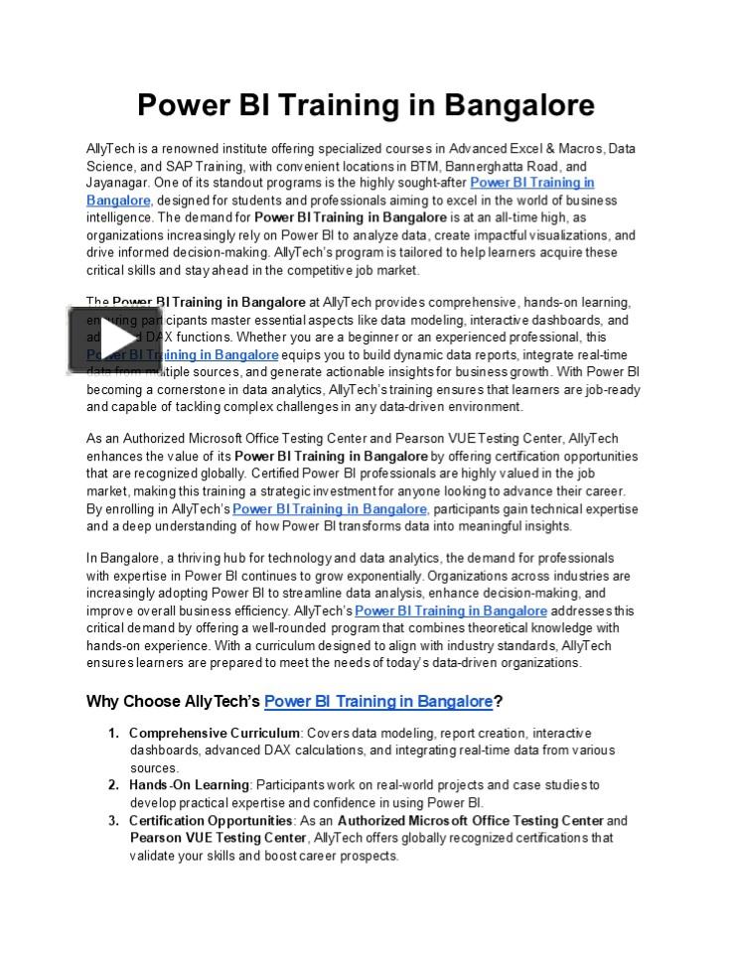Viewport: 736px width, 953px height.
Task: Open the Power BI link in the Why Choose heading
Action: click(378, 702)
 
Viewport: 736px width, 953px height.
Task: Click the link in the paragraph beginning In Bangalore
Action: click(450, 611)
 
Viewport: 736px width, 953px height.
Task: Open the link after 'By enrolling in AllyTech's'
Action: click(330, 509)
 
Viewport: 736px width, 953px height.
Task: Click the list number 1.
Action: click(112, 733)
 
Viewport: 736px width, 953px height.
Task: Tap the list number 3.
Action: click(112, 821)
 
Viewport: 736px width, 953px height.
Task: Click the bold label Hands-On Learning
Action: click(189, 785)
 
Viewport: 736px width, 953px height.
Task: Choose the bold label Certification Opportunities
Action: click(211, 821)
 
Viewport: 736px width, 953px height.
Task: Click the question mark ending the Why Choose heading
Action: click(498, 702)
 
